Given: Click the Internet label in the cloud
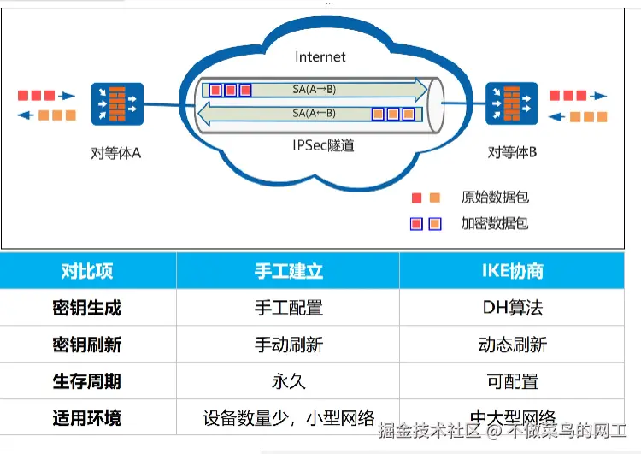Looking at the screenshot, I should pos(320,57).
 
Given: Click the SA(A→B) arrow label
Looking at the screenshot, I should pos(314,88).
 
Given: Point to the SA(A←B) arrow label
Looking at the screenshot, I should pos(314,113).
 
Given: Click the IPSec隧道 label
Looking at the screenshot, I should pos(322,146).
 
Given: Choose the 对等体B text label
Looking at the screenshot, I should pos(512,153).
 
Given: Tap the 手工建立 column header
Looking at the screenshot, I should pos(289,271).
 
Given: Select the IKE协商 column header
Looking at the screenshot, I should pos(512,271).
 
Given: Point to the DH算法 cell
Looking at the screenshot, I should pos(512,308).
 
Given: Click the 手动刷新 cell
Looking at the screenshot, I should pos(289,345).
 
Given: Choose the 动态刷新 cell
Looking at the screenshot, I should pos(512,345).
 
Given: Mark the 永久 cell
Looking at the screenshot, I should pos(289,381).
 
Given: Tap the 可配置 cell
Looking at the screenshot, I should pos(512,381).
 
